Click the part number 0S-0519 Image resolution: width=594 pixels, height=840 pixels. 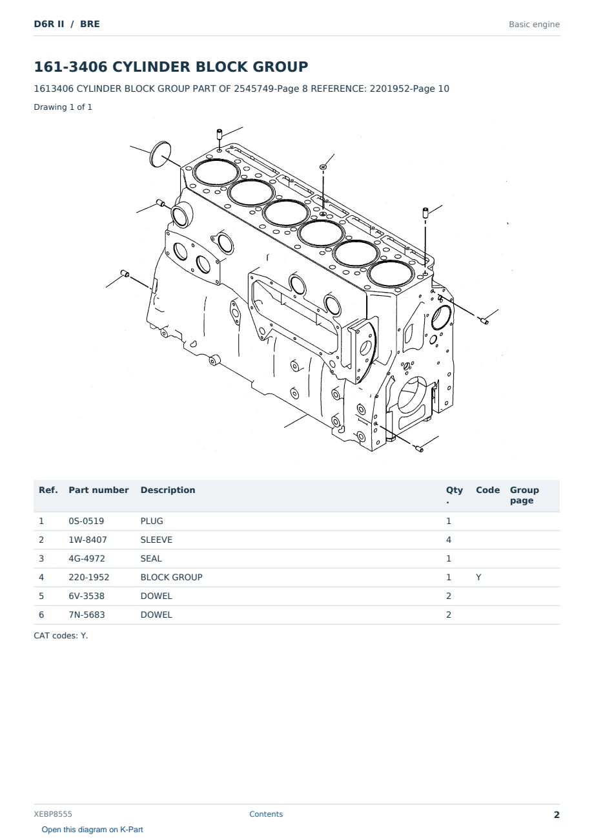point(87,521)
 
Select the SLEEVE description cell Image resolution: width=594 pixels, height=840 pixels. point(156,540)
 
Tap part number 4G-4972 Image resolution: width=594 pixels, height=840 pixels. point(87,558)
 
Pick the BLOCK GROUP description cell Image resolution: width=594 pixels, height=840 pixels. point(171,577)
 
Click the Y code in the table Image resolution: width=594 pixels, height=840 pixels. point(478,577)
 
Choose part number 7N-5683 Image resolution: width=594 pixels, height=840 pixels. point(87,614)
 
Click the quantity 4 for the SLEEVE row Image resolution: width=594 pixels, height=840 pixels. point(449,540)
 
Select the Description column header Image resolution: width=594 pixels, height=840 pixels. point(167,490)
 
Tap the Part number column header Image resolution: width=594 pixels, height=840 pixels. point(99,490)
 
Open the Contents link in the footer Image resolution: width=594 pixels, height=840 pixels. point(266,814)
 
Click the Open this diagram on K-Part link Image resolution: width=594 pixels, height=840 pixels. point(92,830)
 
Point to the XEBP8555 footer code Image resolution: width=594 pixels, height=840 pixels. point(53,814)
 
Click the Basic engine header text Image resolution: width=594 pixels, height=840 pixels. point(534,25)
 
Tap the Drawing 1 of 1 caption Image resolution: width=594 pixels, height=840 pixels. point(63,107)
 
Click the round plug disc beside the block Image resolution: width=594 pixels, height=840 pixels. point(160,154)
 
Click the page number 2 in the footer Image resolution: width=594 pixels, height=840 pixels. point(557,815)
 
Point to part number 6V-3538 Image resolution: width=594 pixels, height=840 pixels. point(87,596)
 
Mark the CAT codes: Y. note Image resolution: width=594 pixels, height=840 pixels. point(61,636)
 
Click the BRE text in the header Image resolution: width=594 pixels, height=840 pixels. point(90,24)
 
